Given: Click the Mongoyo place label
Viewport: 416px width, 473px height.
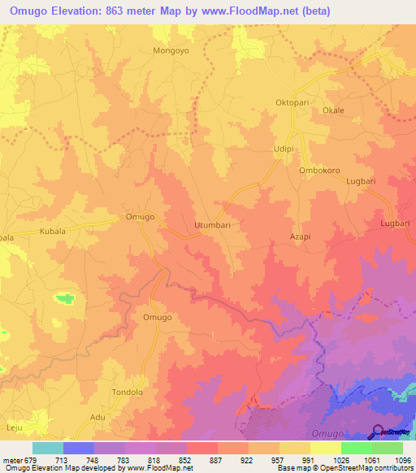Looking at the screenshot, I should point(170,50).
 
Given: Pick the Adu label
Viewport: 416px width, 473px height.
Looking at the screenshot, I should point(97,416).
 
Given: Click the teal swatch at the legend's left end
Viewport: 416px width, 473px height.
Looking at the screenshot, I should point(47,448).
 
